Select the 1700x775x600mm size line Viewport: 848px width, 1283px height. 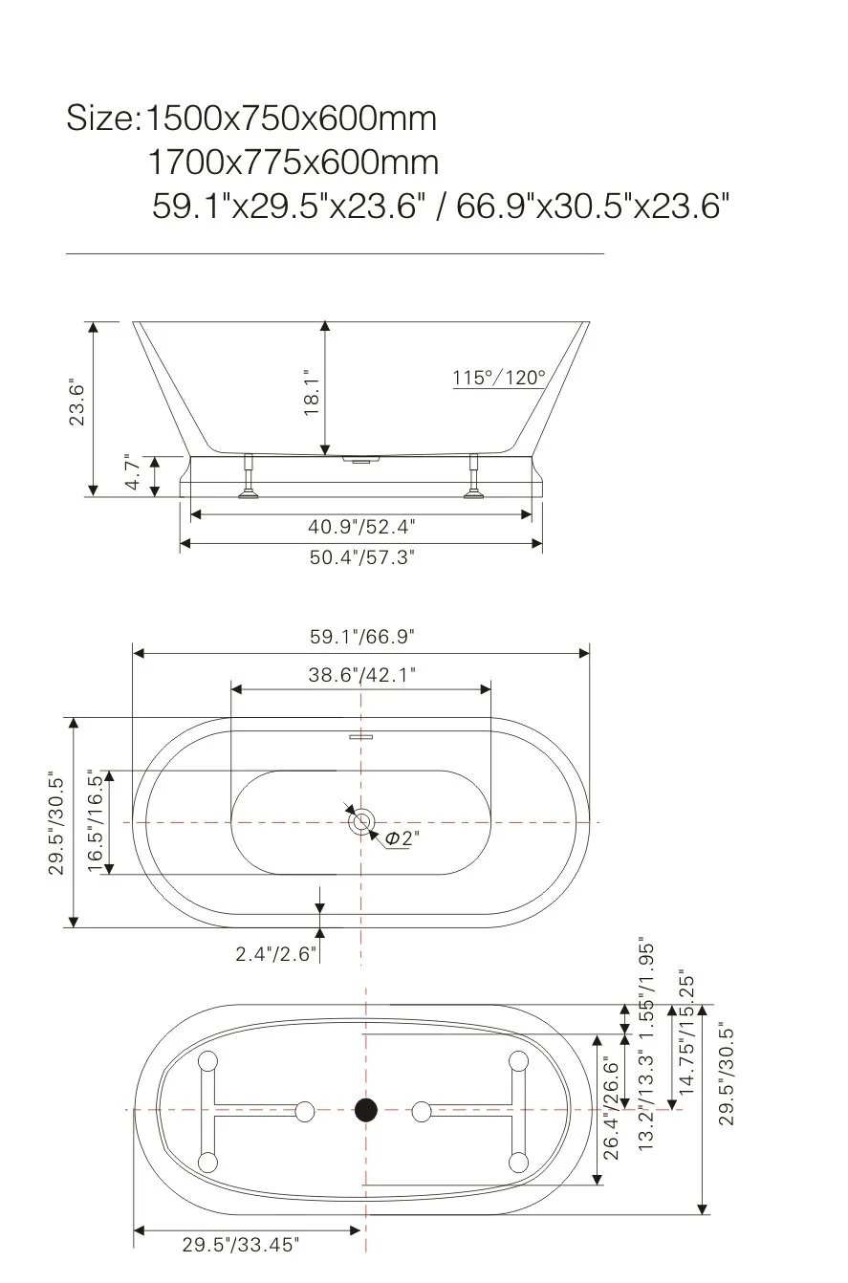pyautogui.click(x=294, y=163)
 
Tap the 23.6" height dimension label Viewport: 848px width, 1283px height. pyautogui.click(x=77, y=404)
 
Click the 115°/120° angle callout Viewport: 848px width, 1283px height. pyautogui.click(x=498, y=378)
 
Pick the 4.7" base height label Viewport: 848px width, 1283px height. pyautogui.click(x=133, y=473)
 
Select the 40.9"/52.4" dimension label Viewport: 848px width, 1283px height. pyautogui.click(x=361, y=526)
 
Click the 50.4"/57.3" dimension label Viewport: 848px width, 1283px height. pyautogui.click(x=361, y=556)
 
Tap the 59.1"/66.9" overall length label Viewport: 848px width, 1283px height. pyautogui.click(x=361, y=635)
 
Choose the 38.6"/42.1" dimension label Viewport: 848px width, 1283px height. pyautogui.click(x=361, y=675)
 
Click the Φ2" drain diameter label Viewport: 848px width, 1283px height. pyautogui.click(x=402, y=838)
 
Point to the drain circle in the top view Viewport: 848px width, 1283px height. pyautogui.click(x=361, y=821)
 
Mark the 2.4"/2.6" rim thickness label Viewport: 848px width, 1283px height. pyautogui.click(x=276, y=954)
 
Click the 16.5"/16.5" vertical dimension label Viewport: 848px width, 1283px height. pyautogui.click(x=96, y=822)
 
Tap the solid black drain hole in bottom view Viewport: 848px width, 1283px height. pyautogui.click(x=366, y=1110)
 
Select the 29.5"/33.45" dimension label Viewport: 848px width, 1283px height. pyautogui.click(x=241, y=1245)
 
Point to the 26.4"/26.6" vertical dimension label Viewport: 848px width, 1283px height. pyautogui.click(x=612, y=1107)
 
